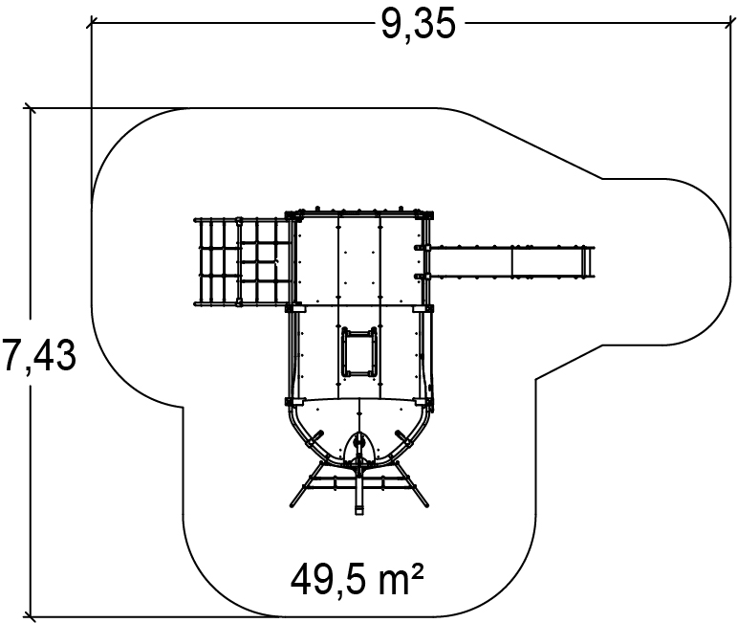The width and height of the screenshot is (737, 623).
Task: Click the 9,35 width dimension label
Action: pyautogui.click(x=418, y=24)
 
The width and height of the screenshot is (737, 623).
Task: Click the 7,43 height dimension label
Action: pyautogui.click(x=38, y=355)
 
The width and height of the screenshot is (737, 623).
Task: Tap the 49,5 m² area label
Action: pyautogui.click(x=357, y=578)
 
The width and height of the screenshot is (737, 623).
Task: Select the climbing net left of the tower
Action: pyautogui.click(x=242, y=261)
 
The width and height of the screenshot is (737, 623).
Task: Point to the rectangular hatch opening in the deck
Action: pyautogui.click(x=359, y=351)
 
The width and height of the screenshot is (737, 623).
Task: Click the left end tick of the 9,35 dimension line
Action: pyautogui.click(x=92, y=22)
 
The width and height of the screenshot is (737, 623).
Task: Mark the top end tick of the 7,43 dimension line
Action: pyautogui.click(x=30, y=108)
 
